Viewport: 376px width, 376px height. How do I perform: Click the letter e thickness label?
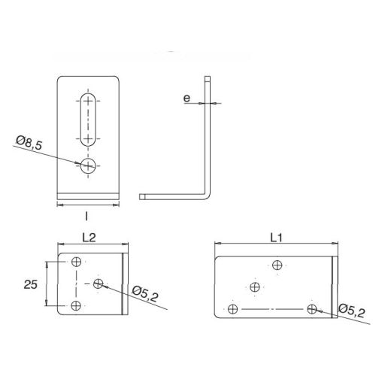pos(186,98)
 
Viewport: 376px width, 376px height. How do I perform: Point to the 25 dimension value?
pos(31,284)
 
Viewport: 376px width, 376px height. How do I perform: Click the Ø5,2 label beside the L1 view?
pos(350,309)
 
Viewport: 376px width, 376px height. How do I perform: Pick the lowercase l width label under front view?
pos(88,216)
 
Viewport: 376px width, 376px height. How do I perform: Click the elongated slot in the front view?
pos(89,119)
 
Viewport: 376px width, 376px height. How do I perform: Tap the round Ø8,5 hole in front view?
pos(89,166)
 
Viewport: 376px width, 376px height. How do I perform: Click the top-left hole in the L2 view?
pos(77,262)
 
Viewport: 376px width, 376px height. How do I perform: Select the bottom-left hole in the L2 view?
pos(77,305)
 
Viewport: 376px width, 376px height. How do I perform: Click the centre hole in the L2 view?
pos(99,284)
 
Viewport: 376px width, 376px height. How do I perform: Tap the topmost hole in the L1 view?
pos(278,264)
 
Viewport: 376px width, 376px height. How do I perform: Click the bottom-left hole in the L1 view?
pos(234,308)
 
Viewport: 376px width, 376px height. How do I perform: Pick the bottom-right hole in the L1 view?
pos(312,308)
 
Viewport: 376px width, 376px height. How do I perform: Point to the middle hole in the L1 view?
pos(256,286)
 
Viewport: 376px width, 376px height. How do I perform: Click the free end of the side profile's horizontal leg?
pos(143,196)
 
